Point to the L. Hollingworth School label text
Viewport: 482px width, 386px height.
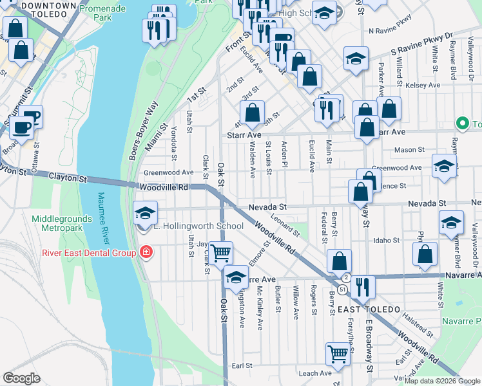point(198,226)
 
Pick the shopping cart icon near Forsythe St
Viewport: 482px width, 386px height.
point(338,353)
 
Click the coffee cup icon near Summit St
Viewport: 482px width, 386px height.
point(21,126)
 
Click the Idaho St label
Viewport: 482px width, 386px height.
point(387,240)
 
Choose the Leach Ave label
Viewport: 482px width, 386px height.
point(315,372)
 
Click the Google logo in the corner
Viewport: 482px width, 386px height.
point(21,378)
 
